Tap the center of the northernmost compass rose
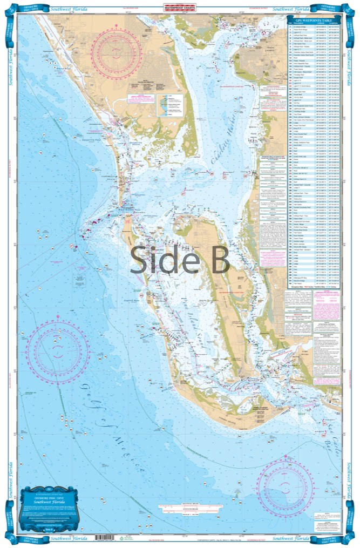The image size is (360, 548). (x=117, y=51)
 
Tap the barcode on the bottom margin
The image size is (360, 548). (x=101, y=538)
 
